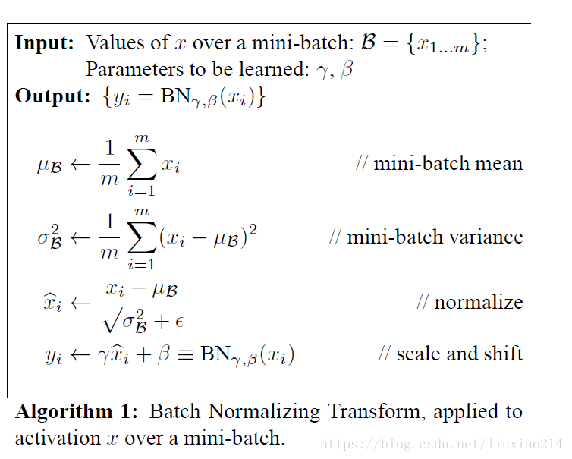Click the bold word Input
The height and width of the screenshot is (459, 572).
coord(45,43)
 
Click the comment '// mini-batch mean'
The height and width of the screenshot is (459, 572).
coord(439,163)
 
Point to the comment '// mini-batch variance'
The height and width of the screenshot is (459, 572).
coord(426,237)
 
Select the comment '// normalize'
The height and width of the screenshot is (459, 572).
coord(470,302)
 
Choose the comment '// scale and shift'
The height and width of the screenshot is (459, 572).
coord(451,354)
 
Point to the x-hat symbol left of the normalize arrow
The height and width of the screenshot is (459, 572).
coord(52,303)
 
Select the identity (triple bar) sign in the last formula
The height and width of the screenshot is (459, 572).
coord(184,354)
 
